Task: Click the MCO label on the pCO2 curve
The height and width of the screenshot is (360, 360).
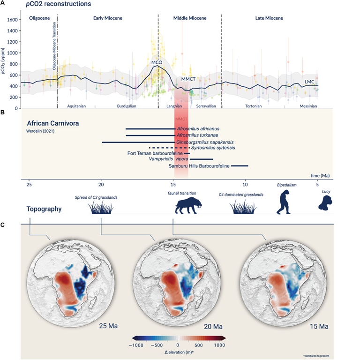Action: click(157, 62)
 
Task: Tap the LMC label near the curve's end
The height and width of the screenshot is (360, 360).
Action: click(309, 82)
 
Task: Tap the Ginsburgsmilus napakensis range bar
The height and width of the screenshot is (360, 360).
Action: click(138, 142)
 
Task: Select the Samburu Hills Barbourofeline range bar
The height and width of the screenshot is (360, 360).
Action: click(240, 165)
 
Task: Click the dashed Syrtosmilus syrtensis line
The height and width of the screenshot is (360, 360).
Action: click(162, 147)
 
